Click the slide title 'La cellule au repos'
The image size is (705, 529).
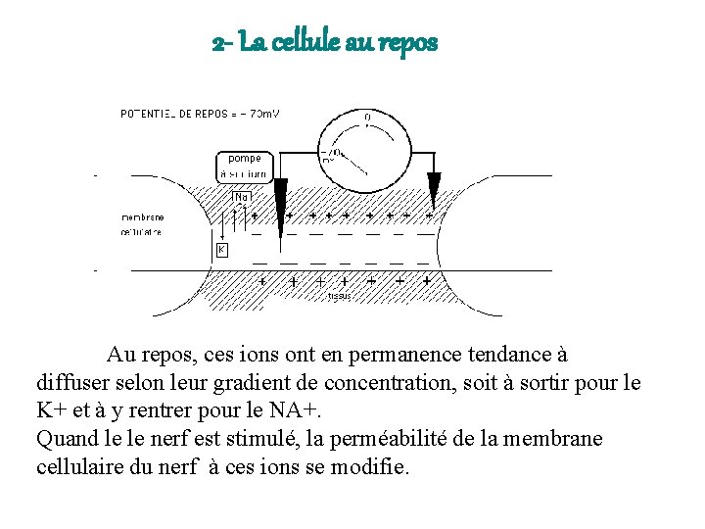point(325,44)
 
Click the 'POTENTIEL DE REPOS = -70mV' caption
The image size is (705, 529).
point(200,114)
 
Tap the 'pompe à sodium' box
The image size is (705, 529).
point(243,166)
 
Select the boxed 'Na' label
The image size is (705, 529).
point(241,197)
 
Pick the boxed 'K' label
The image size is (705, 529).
point(221,250)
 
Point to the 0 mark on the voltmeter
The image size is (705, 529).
point(367,118)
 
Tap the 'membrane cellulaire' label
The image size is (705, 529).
point(142,224)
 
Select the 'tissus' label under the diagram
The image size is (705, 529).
point(339,294)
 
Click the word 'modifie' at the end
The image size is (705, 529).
point(377,466)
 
